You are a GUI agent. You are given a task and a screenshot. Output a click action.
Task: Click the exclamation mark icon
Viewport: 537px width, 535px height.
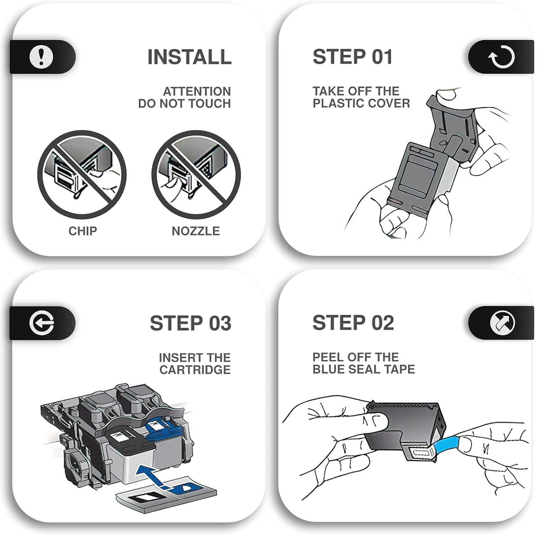coord(41,57)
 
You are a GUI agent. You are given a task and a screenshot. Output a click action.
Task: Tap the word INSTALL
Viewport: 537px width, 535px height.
coord(189,57)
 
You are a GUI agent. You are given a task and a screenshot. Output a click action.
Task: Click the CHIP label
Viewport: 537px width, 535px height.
coord(83,231)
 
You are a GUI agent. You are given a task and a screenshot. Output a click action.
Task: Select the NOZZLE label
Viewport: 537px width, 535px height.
coord(196,231)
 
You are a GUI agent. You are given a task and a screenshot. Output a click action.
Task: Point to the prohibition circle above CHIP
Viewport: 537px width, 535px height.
coord(82,175)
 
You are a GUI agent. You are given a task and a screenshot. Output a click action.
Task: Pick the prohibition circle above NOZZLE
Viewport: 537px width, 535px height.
coord(196,175)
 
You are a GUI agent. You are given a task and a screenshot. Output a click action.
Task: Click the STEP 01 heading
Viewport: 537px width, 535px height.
coord(353,57)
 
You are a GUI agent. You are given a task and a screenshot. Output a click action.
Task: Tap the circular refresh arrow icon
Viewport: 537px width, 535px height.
coord(502,57)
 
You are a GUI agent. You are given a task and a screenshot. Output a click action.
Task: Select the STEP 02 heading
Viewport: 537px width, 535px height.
coord(353,323)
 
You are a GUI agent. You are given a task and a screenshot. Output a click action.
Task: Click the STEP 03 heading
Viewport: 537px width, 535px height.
coord(190,323)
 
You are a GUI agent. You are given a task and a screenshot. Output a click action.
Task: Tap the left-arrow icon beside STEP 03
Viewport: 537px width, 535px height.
coord(42,323)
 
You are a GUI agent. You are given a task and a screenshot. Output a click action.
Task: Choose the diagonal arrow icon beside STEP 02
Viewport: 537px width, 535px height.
coord(502,323)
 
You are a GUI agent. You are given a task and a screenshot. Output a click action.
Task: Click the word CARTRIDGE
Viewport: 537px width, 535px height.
coord(195,370)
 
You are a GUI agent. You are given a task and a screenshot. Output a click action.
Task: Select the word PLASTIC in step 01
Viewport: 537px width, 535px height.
coord(338,103)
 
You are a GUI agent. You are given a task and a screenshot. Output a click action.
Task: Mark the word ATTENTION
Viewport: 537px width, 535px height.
coord(197,92)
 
